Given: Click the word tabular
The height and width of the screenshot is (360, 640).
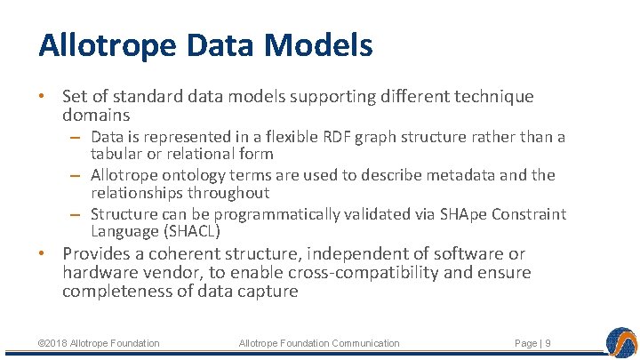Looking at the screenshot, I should tap(114, 154).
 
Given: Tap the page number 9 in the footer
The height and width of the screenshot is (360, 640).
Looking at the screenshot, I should tap(548, 343).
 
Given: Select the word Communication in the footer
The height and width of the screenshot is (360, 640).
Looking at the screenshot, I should tap(364, 343).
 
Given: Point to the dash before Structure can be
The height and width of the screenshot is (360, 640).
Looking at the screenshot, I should tap(77, 214).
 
